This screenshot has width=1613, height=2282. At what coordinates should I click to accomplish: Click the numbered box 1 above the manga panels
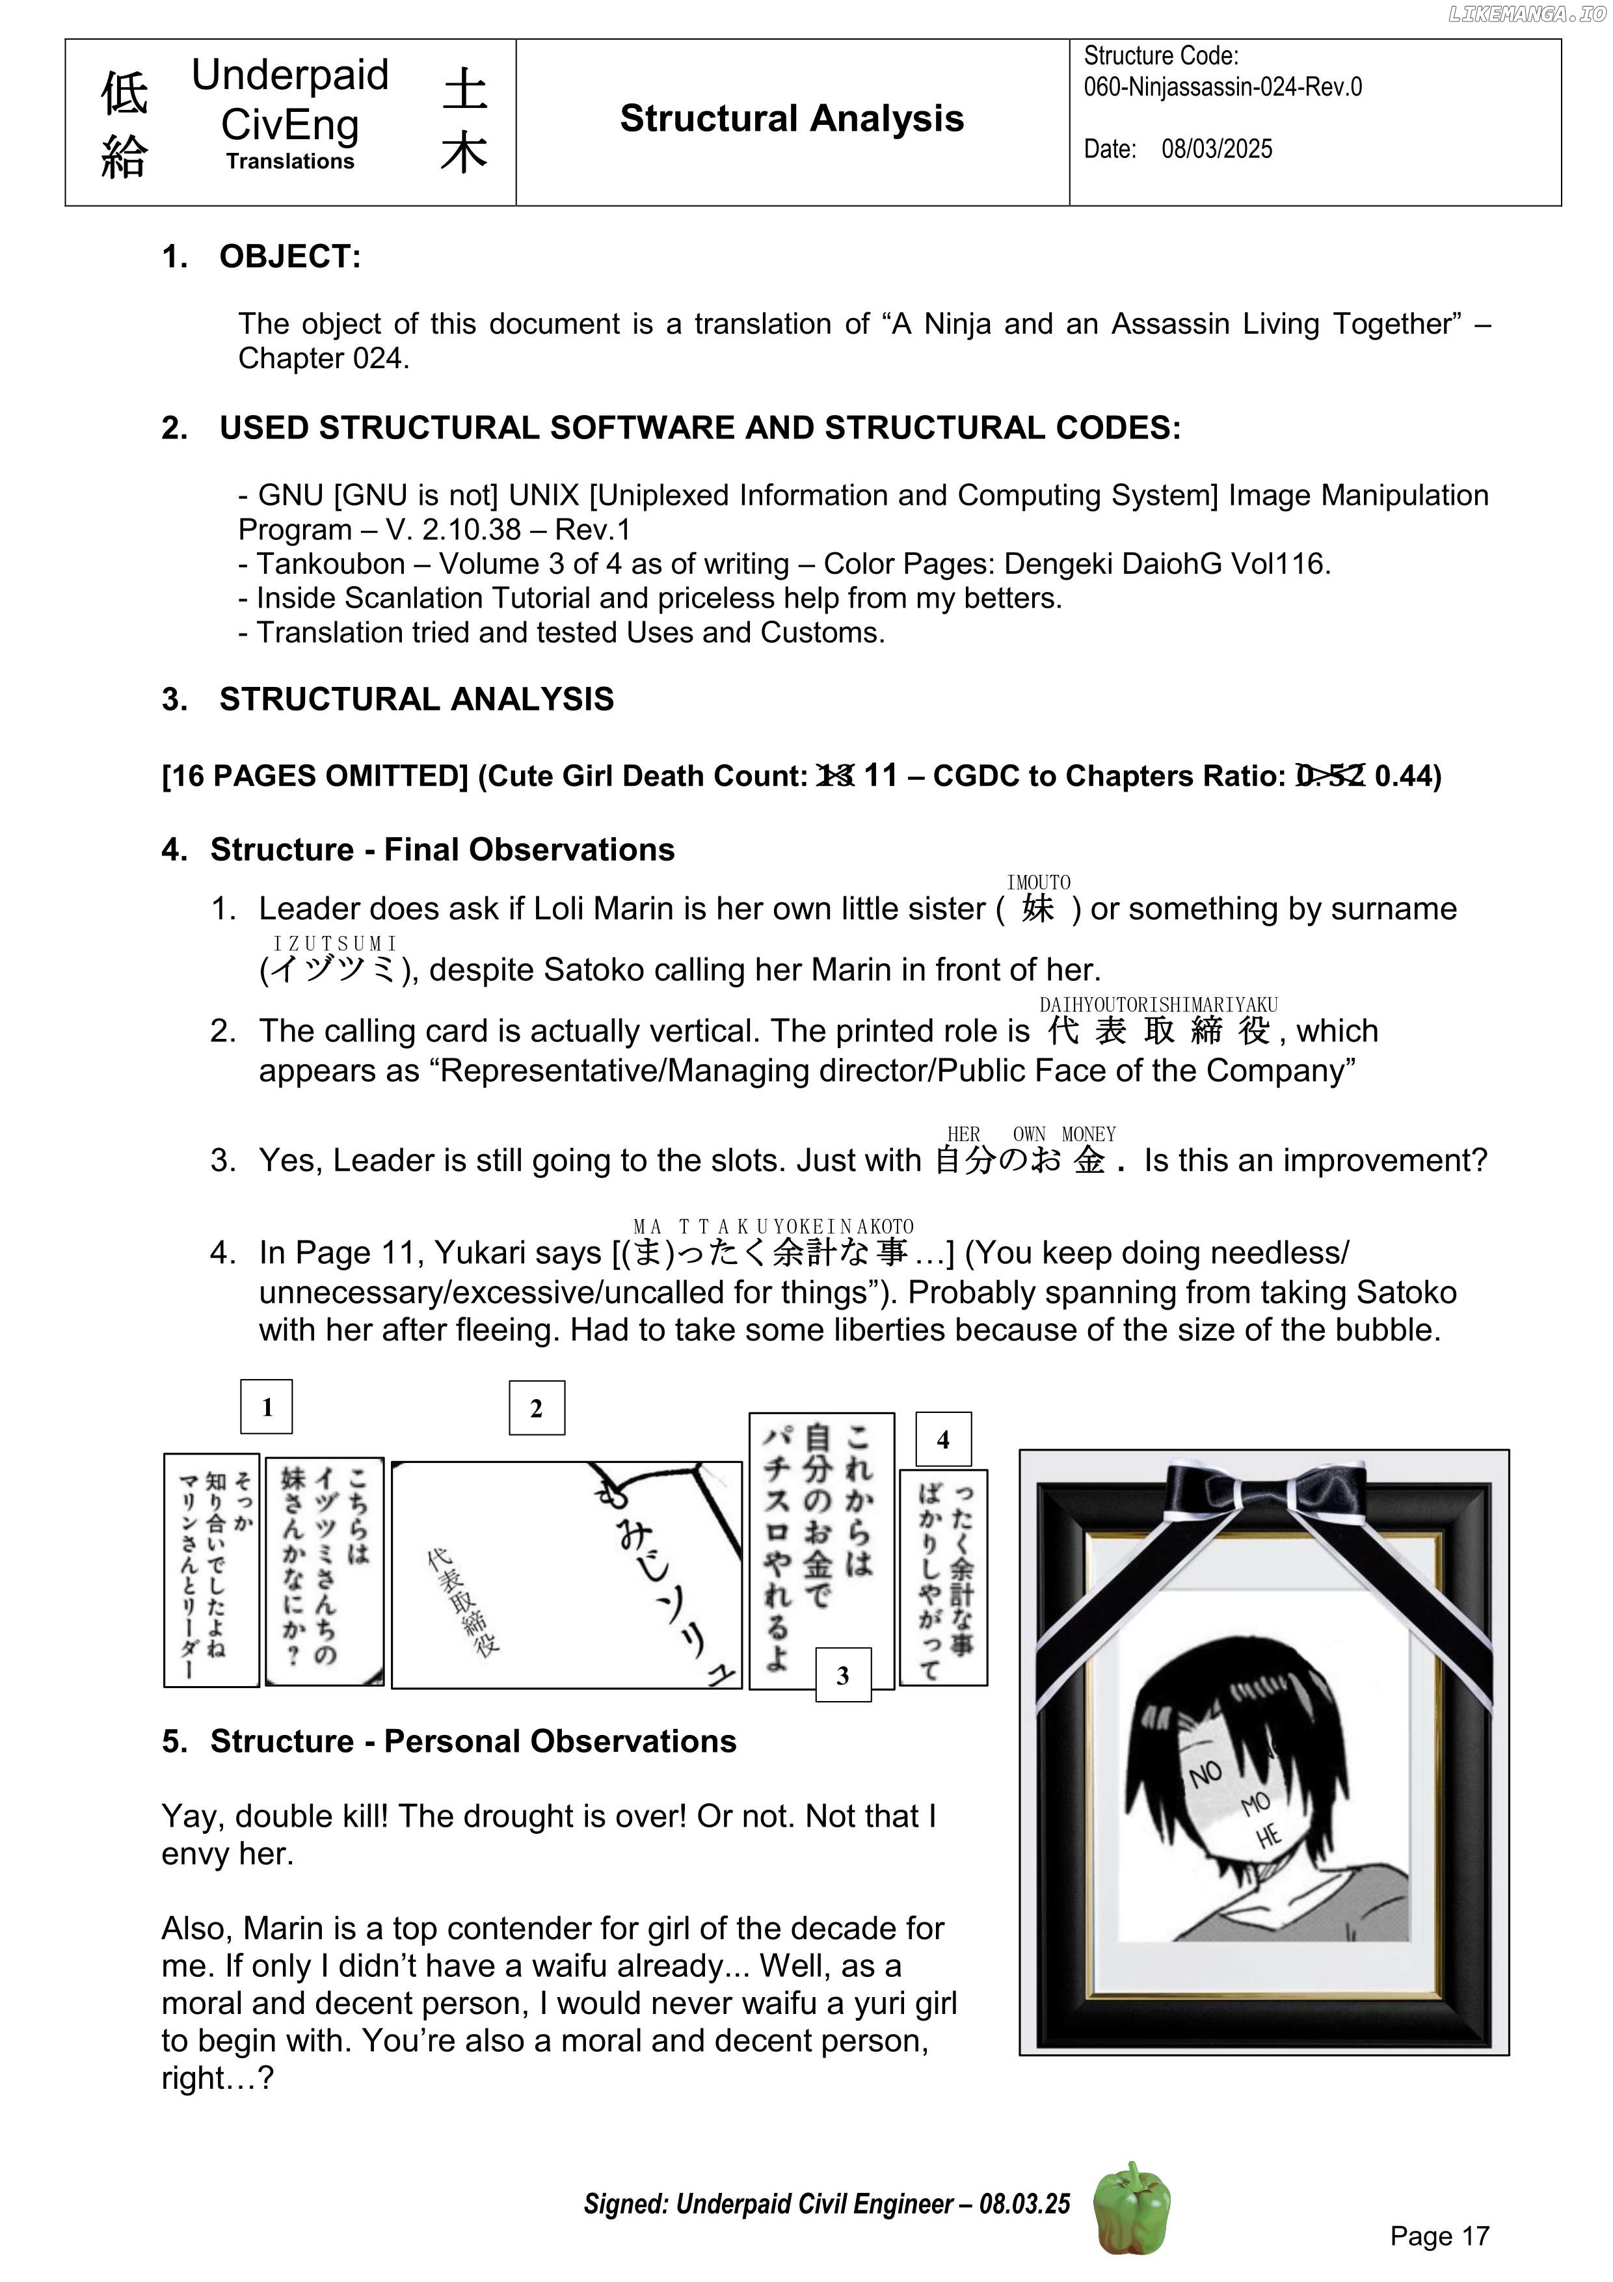click(x=267, y=1406)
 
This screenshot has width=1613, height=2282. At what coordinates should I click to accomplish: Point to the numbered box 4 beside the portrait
click(x=943, y=1439)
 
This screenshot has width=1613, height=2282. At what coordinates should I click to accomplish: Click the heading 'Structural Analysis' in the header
click(x=791, y=118)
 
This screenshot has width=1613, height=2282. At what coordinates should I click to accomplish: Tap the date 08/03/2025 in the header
click(x=1216, y=149)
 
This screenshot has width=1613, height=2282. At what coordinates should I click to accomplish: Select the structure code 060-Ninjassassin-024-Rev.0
click(x=1222, y=87)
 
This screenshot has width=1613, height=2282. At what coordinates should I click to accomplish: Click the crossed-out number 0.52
click(x=1331, y=775)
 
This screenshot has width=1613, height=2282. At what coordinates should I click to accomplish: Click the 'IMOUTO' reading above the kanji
click(x=1039, y=883)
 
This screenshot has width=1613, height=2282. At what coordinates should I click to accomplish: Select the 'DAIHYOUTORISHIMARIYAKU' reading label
click(x=1158, y=1005)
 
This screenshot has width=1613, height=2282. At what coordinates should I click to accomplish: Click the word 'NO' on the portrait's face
click(x=1206, y=1773)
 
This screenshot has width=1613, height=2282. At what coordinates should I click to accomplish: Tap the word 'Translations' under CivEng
click(x=289, y=161)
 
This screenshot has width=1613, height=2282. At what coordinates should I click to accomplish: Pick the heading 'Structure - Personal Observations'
click(x=473, y=1741)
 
